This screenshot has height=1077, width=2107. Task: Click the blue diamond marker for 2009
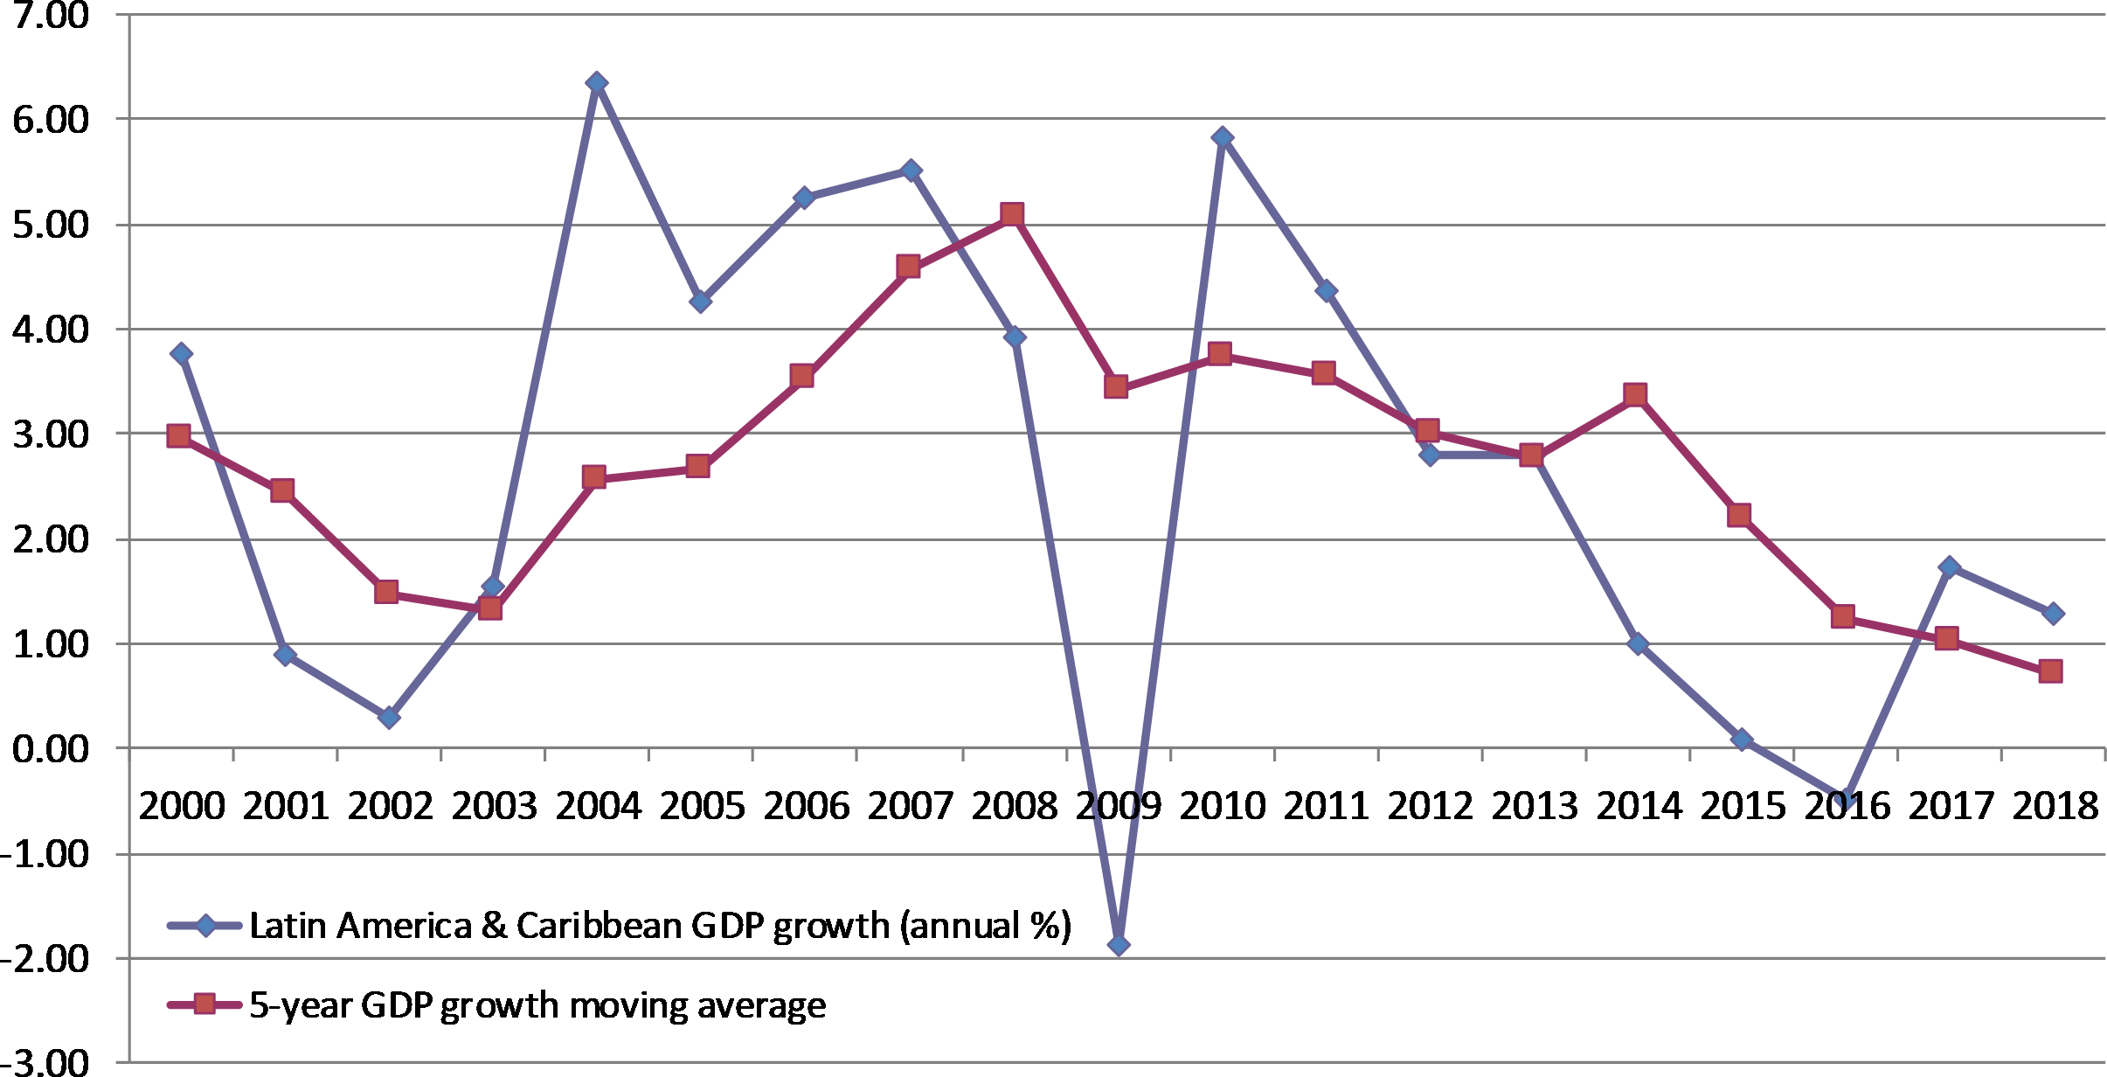pyautogui.click(x=1119, y=944)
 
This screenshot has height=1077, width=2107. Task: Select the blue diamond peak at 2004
pyautogui.click(x=597, y=83)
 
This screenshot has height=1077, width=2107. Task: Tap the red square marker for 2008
pyautogui.click(x=1012, y=214)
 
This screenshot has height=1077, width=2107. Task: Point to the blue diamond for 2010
pyautogui.click(x=1223, y=137)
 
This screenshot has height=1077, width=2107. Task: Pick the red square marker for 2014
pyautogui.click(x=1635, y=394)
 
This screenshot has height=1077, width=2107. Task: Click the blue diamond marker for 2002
pyautogui.click(x=389, y=717)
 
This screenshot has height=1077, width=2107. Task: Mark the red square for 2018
pyautogui.click(x=2050, y=671)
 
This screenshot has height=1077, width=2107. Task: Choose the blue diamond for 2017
pyautogui.click(x=1949, y=566)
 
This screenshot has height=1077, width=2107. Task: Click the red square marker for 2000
pyautogui.click(x=179, y=435)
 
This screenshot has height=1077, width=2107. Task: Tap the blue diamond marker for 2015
pyautogui.click(x=1742, y=739)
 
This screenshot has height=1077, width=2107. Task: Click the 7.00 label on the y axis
pyautogui.click(x=51, y=15)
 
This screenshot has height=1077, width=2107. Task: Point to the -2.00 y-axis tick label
pyautogui.click(x=45, y=959)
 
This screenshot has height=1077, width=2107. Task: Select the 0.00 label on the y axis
pyautogui.click(x=51, y=749)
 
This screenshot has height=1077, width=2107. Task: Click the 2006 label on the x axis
pyautogui.click(x=806, y=805)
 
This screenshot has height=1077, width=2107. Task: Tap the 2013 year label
pyautogui.click(x=1534, y=805)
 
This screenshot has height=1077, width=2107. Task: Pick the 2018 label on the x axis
pyautogui.click(x=2055, y=805)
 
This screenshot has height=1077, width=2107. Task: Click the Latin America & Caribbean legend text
pyautogui.click(x=660, y=926)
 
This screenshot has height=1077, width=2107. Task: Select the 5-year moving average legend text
pyautogui.click(x=537, y=1005)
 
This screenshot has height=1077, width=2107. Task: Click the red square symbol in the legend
pyautogui.click(x=204, y=1004)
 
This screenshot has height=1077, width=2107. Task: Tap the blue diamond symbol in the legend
pyautogui.click(x=205, y=925)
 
